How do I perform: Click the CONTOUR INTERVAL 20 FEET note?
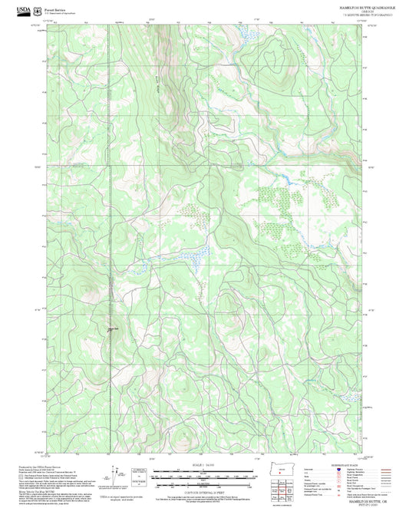point(204,493)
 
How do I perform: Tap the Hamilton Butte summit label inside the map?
point(112,329)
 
